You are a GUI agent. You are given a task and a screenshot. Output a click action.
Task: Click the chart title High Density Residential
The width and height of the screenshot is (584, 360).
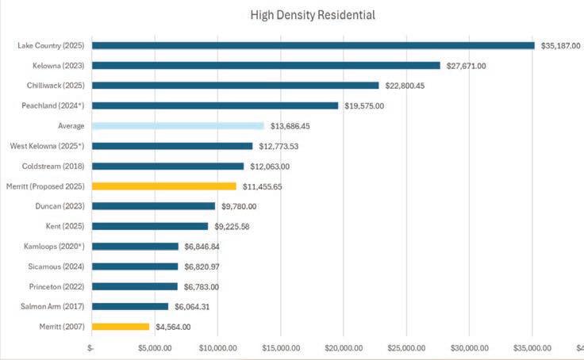[x=313, y=15]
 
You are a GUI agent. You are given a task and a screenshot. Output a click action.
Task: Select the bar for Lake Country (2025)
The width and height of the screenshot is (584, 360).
[x=313, y=45]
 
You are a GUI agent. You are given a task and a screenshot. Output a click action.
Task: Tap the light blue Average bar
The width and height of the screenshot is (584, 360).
[x=178, y=126]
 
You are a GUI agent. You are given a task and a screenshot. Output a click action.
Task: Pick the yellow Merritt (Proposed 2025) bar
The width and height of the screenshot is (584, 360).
[x=163, y=186]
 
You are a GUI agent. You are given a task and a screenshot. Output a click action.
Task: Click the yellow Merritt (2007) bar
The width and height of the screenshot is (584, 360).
[x=121, y=326]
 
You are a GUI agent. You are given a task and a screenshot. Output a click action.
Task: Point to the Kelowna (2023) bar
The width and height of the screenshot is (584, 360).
[x=266, y=65]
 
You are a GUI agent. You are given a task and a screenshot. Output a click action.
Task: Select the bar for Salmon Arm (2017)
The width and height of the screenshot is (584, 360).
[x=130, y=306]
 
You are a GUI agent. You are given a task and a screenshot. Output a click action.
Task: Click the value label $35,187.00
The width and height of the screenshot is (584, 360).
[x=561, y=46]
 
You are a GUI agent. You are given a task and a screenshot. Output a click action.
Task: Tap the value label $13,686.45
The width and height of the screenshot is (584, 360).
[x=290, y=126]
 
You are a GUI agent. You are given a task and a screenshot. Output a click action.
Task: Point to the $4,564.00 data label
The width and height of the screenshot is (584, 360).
[x=173, y=327]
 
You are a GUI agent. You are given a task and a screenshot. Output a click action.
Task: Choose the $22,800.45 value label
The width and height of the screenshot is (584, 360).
[x=405, y=86]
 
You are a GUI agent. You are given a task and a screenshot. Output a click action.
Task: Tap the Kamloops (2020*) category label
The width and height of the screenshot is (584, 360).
[x=54, y=246]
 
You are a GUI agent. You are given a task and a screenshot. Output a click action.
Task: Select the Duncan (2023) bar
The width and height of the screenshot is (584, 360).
[x=153, y=206]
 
